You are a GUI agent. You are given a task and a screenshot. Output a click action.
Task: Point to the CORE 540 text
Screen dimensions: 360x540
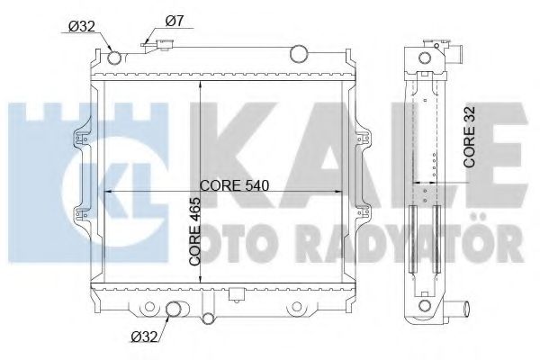pyautogui.click(x=236, y=186)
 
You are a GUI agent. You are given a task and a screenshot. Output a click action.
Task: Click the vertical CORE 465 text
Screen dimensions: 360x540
pyautogui.click(x=194, y=232)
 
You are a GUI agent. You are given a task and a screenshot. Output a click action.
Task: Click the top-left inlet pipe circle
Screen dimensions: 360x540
pyautogui.click(x=113, y=60)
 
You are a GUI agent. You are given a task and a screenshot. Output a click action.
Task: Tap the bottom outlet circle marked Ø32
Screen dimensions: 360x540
pyautogui.click(x=175, y=311)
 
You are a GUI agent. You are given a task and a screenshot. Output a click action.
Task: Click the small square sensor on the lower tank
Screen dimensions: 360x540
pyautogui.click(x=236, y=293)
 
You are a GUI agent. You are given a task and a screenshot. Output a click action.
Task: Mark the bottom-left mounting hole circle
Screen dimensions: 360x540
pyautogui.click(x=139, y=311)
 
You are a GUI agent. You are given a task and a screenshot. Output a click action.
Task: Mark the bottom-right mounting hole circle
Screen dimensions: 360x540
pyautogui.click(x=295, y=311)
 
